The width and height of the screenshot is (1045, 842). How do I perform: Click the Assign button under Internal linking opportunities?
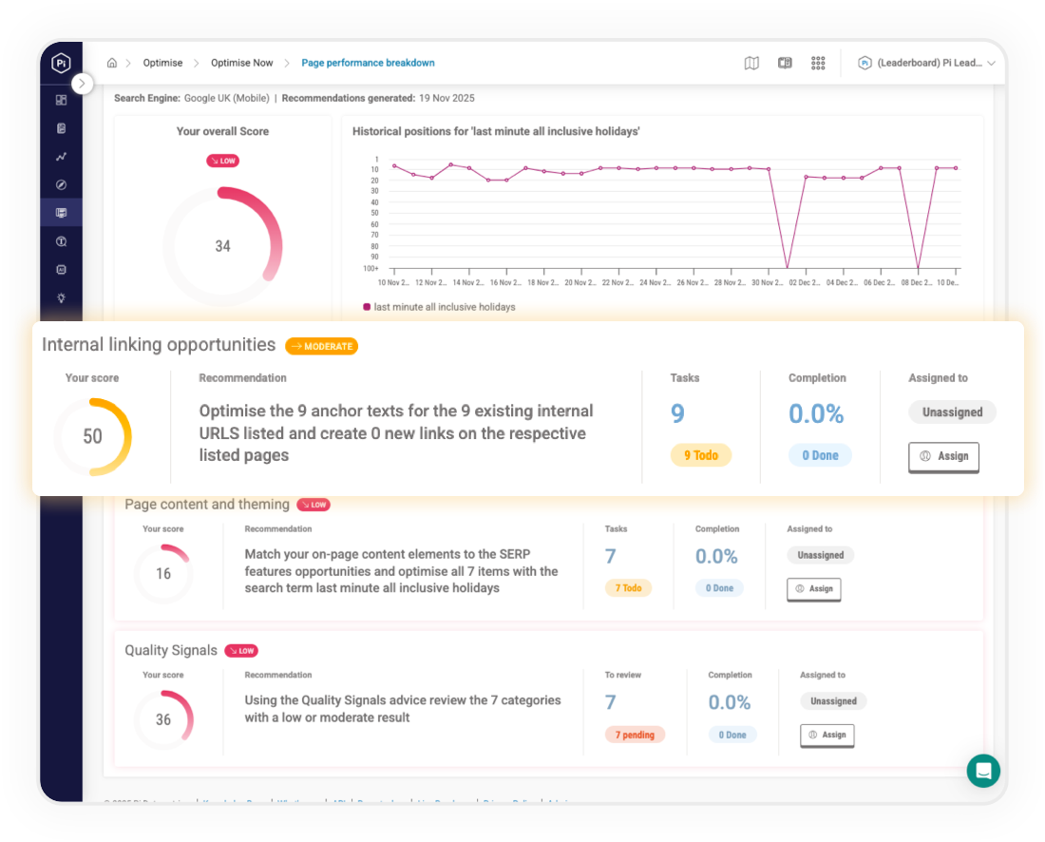point(943,456)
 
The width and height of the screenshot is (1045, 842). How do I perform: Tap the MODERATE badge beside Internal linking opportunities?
point(321,346)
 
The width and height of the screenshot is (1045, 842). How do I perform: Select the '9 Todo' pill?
point(701,455)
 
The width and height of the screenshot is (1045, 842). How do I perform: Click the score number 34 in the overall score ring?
point(222,246)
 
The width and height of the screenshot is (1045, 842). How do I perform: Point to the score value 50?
point(92,437)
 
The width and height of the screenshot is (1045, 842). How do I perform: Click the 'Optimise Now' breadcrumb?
point(241,63)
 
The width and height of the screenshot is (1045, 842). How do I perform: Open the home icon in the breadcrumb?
point(112,63)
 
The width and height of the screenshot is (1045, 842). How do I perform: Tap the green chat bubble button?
point(983,770)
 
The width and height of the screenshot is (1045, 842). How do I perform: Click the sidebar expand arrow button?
point(83,84)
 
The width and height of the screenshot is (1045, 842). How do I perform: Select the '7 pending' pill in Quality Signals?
point(635,735)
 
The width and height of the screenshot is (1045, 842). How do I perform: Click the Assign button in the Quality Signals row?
point(826,735)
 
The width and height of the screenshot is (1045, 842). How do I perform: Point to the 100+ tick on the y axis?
point(370,268)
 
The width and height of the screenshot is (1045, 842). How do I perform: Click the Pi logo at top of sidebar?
point(61,63)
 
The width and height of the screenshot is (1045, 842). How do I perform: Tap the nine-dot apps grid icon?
point(818,63)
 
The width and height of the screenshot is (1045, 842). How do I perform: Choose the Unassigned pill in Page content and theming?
point(820,555)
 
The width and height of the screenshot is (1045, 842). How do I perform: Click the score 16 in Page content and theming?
point(163,574)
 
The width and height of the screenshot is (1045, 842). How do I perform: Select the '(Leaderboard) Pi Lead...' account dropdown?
point(927,63)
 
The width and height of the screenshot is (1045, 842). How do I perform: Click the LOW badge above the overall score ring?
point(222,162)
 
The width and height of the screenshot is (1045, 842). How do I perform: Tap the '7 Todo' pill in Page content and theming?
point(628,588)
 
